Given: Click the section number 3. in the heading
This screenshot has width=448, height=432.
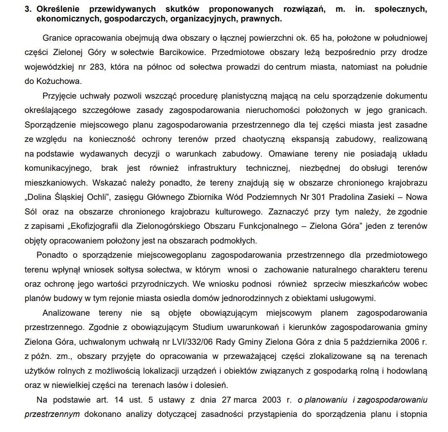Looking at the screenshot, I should pyautogui.click(x=28, y=9).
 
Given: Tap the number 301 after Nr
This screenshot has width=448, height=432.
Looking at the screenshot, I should pyautogui.click(x=319, y=196).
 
